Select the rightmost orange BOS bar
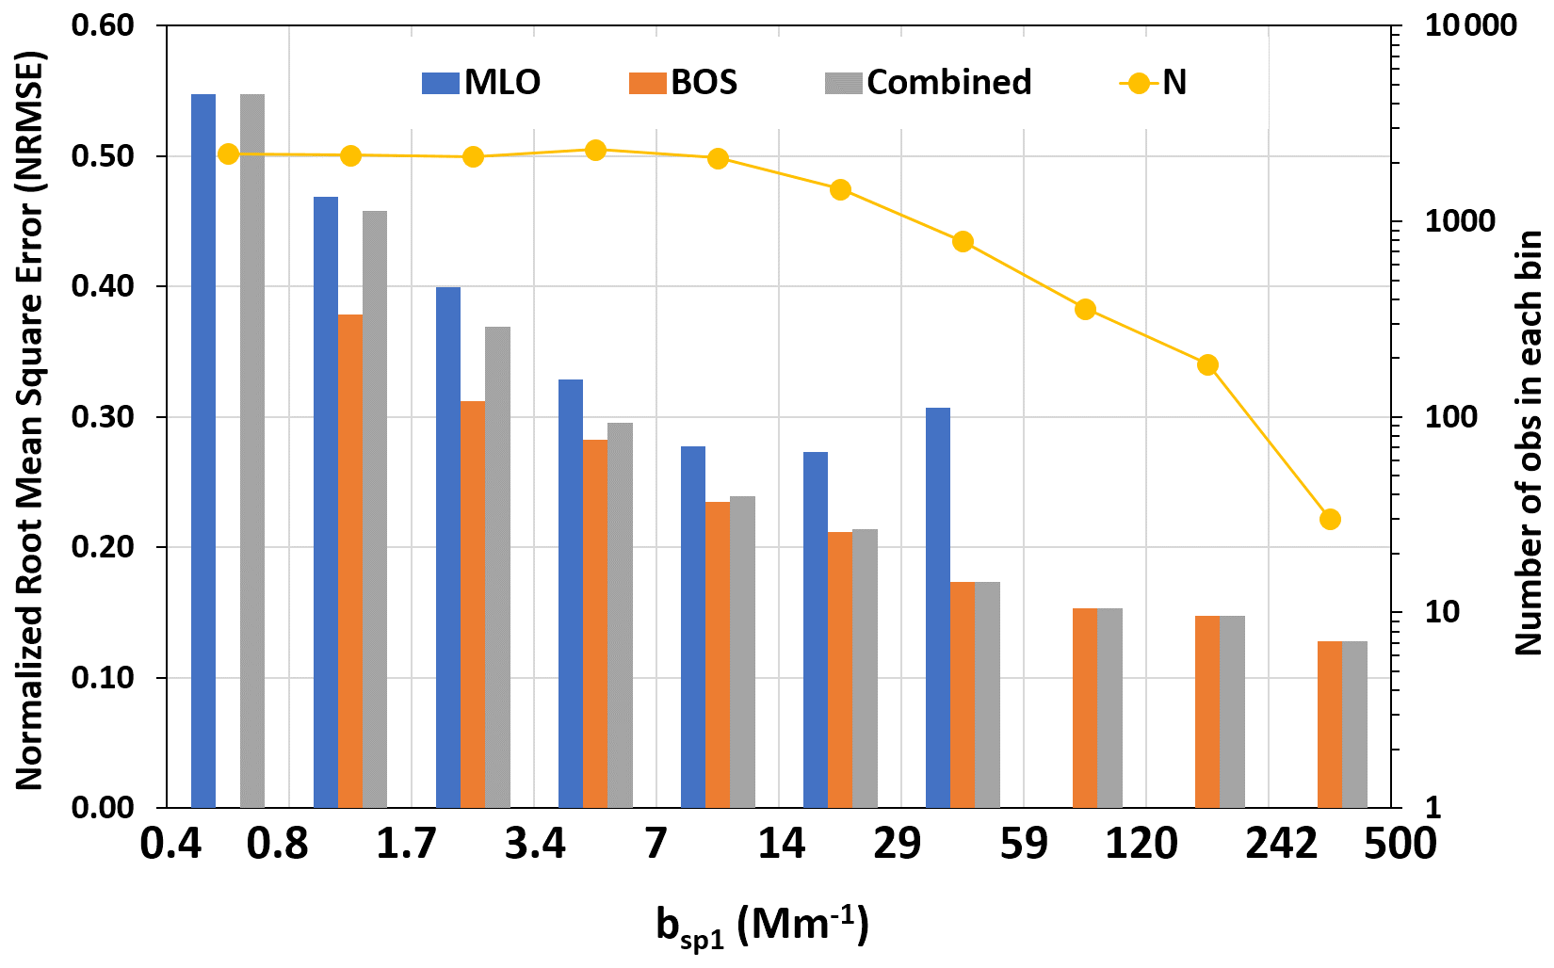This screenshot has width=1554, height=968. click(1329, 724)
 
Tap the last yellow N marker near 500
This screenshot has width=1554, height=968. click(1330, 519)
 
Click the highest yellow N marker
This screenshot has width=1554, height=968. click(595, 150)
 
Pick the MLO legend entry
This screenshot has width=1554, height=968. click(481, 83)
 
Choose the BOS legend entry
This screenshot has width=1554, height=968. click(684, 83)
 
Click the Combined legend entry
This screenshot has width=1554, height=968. click(928, 83)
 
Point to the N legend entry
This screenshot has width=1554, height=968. click(1153, 83)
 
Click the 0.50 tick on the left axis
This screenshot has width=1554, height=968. click(103, 156)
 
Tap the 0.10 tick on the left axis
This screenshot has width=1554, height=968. click(103, 678)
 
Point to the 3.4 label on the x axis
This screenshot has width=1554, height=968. click(535, 844)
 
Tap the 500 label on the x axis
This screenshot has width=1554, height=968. click(1400, 844)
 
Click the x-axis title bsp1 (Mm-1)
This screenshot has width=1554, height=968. click(762, 927)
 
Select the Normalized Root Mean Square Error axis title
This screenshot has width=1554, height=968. click(29, 420)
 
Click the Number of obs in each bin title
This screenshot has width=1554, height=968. click(1529, 443)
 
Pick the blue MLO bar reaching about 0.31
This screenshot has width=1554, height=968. click(938, 607)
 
